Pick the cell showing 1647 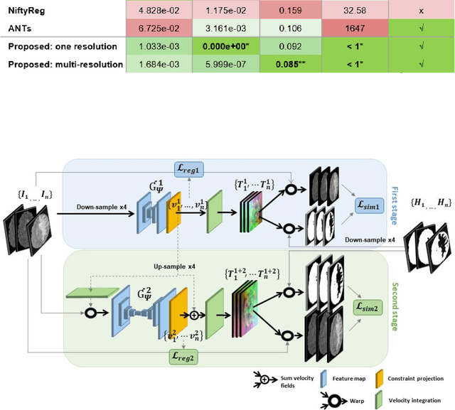(353, 29)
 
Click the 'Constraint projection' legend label (419, 379)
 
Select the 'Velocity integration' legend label (418, 399)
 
